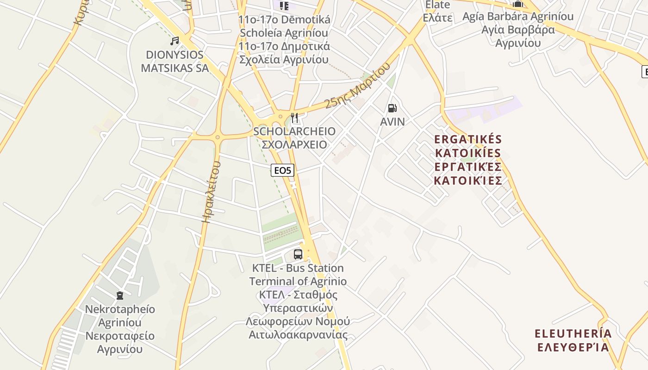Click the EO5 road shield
coord(282,170)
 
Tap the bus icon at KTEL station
coord(298,254)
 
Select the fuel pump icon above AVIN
coord(392,109)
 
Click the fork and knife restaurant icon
coord(295,118)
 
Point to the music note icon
coord(174,41)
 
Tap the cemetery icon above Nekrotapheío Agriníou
coord(120,295)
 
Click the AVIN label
coord(392,122)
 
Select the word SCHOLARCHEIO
coord(294,131)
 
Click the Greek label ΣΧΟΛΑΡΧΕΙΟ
coord(294,144)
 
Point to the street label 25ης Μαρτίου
coord(357,86)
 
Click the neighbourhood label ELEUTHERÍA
coord(573,334)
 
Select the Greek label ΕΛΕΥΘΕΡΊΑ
coord(573,347)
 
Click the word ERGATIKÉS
coord(468,139)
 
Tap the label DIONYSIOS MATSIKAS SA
coord(174,62)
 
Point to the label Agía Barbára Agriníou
coord(518,17)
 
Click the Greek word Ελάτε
coord(437,18)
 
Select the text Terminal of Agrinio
coord(298,281)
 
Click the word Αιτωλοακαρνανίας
coord(298,334)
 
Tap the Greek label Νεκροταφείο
coord(120,335)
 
